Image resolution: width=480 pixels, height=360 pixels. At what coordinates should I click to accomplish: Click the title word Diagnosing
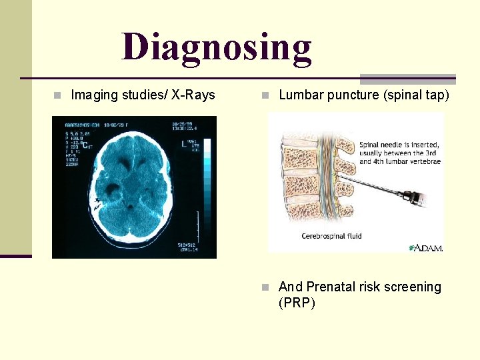coord(217,47)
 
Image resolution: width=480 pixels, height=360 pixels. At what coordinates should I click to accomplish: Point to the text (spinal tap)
coord(417,95)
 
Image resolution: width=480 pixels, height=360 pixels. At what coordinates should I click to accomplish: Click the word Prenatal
coord(335,287)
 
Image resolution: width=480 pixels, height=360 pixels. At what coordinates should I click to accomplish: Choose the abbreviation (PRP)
coord(297,303)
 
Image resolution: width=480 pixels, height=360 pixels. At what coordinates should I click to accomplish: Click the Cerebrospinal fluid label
coord(331,236)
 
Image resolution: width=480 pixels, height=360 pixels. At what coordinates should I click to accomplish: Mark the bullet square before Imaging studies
coord(57,95)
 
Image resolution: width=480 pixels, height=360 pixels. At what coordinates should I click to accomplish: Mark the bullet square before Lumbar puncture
coord(265,95)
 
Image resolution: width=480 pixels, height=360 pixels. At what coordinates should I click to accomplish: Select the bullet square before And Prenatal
coord(265,287)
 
